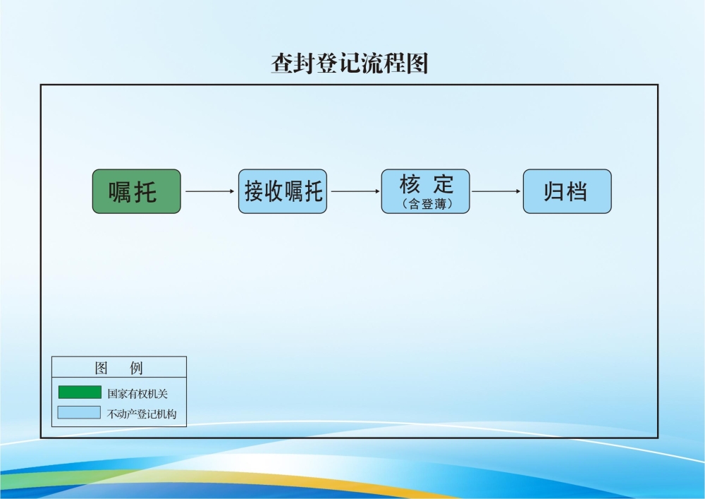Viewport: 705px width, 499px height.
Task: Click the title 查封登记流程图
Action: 350,64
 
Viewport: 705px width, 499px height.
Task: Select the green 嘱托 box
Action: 137,191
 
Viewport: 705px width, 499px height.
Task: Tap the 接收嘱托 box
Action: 283,191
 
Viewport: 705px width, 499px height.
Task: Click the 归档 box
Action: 567,191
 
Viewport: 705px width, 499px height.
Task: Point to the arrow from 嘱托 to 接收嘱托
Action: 209,191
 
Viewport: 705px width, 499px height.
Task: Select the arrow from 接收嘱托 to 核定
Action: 355,191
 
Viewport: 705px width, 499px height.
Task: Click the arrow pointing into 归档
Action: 496,191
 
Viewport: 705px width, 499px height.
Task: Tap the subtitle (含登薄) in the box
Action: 426,205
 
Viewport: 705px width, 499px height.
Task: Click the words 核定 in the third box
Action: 426,184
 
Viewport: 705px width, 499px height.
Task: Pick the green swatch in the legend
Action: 80,392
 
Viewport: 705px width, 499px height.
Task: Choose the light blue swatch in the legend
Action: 80,412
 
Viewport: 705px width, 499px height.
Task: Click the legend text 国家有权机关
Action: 137,393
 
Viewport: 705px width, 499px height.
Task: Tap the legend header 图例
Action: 118,368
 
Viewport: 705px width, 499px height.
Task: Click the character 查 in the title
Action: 281,64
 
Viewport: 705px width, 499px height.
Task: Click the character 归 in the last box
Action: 554,191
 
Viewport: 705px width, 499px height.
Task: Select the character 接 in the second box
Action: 253,191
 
